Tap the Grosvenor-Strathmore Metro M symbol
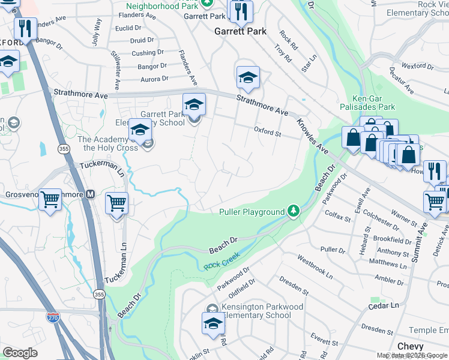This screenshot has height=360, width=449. (91, 194)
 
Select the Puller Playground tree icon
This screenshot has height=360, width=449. (293, 211)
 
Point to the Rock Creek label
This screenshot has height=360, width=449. (222, 260)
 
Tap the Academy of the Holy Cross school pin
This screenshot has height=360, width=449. (140, 132)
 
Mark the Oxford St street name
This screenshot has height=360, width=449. (267, 131)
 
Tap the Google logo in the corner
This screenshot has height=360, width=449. (20, 353)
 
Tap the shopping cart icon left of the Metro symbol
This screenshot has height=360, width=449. (50, 200)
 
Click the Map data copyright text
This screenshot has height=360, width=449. (411, 355)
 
